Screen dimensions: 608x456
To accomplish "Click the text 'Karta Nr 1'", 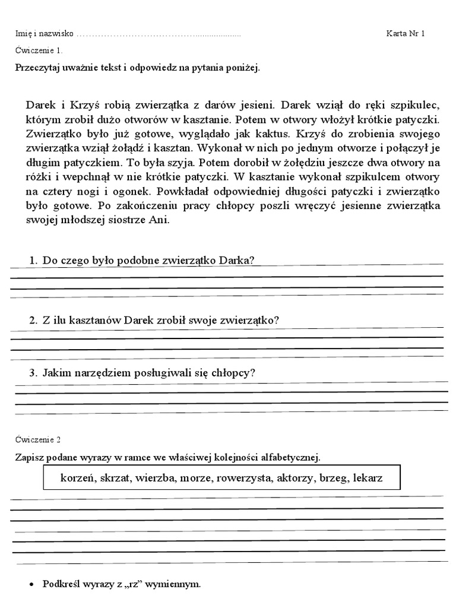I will click(406, 33).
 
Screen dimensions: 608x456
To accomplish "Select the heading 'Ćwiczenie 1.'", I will click(39, 51).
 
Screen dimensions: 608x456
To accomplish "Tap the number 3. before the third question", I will click(34, 373).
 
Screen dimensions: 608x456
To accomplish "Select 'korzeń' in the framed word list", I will click(78, 477).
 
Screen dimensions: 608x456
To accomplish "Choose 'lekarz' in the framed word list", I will click(368, 477).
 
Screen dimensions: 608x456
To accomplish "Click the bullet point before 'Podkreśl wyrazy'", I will click(31, 585).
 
